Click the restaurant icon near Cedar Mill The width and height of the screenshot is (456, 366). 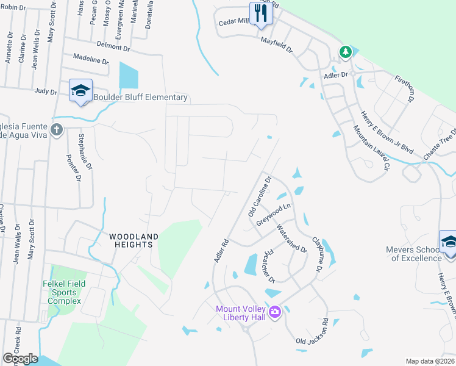(x=261, y=13)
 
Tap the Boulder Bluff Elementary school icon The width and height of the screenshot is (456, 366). (x=80, y=91)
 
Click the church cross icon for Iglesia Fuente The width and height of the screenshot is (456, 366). (x=57, y=129)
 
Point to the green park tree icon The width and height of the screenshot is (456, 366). (x=346, y=52)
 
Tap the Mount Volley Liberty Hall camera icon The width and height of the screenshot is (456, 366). (x=274, y=312)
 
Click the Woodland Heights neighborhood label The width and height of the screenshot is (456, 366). (x=134, y=240)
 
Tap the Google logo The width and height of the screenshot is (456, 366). (x=20, y=359)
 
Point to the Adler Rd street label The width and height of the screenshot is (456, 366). (x=221, y=251)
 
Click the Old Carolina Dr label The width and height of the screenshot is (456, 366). (x=258, y=195)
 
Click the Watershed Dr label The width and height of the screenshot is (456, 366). (x=291, y=238)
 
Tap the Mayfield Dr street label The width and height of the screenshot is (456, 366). (x=277, y=45)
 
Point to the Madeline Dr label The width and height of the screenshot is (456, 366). (x=90, y=61)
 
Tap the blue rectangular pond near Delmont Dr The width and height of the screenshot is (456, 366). (x=129, y=75)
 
